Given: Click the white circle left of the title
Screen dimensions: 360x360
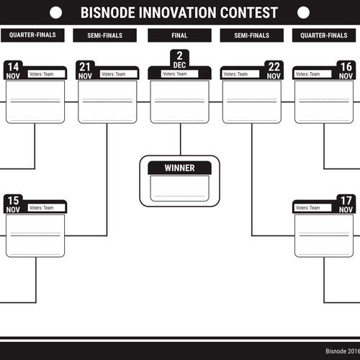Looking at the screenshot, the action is [55, 12].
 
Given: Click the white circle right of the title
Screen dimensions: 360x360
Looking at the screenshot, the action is [303, 12].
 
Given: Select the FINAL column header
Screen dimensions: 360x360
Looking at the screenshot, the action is [179, 35].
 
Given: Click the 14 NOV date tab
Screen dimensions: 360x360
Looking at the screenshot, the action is [13, 71].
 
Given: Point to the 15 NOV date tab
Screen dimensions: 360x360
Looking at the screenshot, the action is [13, 204].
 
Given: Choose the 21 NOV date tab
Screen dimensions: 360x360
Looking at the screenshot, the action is [85, 71].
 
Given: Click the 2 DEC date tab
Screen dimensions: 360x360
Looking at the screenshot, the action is [179, 60].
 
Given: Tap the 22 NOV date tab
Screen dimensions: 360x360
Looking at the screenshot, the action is [274, 71].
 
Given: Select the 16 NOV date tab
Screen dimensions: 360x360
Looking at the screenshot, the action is [346, 71].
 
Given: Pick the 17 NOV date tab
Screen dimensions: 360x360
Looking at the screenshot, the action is [346, 204].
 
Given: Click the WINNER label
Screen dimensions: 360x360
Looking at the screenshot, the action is [179, 168].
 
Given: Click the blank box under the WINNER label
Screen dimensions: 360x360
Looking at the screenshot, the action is [179, 189].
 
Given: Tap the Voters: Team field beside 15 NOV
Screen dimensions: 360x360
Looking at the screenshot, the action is [46, 208].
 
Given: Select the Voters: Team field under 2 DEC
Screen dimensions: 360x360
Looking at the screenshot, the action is [179, 74].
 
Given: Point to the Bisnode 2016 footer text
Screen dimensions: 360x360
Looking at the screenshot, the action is [343, 351].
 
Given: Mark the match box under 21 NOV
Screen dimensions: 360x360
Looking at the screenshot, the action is [107, 102].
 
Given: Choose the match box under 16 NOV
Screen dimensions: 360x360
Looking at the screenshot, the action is [324, 102].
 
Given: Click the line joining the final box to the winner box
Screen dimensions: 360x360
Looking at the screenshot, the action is [181, 140].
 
